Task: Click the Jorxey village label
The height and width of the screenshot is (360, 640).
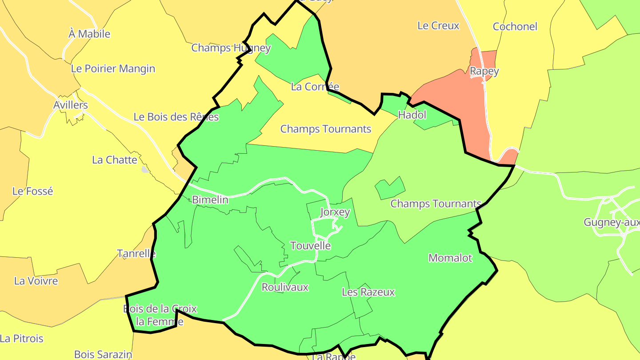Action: [x=335, y=212]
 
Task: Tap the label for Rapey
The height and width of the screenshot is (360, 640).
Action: [x=484, y=71]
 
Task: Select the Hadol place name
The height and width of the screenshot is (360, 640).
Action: [x=412, y=115]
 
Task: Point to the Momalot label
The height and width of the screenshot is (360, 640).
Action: [x=450, y=258]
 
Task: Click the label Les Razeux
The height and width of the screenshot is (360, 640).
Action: [x=368, y=292]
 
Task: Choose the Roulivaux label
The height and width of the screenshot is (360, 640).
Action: [x=285, y=287]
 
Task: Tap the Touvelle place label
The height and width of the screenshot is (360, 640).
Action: [x=310, y=246]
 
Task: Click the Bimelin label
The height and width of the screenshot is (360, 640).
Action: [x=210, y=200]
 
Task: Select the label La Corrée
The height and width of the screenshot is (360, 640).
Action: [x=315, y=87]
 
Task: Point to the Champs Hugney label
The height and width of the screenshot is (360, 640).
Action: [x=231, y=48]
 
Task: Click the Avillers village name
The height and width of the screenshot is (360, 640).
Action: [x=70, y=105]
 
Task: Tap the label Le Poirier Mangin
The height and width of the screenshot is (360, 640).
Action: [x=113, y=69]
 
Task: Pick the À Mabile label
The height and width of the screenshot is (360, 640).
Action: [x=89, y=34]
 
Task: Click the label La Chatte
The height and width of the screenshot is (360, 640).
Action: [x=115, y=160]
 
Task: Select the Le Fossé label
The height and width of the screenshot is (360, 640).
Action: [x=32, y=191]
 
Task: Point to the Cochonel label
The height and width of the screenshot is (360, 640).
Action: [x=515, y=27]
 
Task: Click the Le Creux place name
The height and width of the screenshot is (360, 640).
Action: [x=438, y=26]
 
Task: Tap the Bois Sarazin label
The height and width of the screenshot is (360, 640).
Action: [x=103, y=354]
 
